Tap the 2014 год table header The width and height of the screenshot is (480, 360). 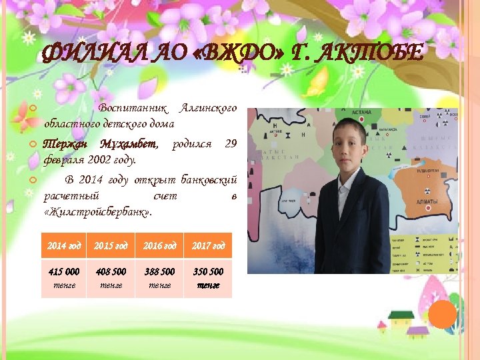[64, 246]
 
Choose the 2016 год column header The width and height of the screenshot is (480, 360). [160, 246]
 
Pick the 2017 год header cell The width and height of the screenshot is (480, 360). [209, 246]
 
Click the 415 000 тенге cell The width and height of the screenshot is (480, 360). [64, 278]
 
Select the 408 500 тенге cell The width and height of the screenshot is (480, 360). [111, 278]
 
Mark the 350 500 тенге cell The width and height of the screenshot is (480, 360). [209, 278]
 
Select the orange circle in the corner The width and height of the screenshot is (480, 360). [443, 314]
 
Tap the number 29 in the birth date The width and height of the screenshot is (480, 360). [231, 145]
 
